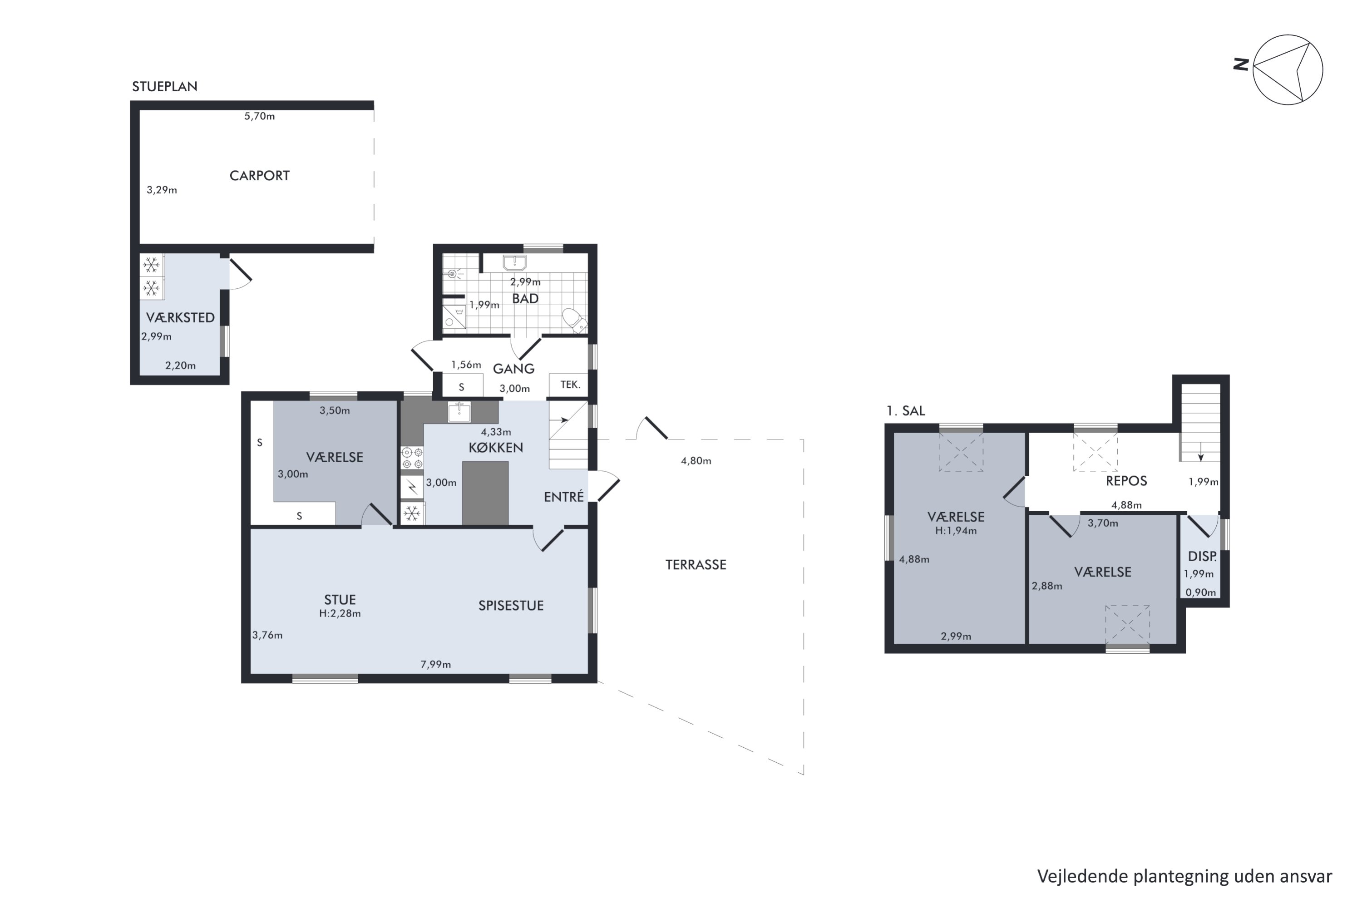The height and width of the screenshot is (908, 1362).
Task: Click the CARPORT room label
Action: pos(259,175)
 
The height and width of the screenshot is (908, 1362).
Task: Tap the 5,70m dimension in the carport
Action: pos(259,116)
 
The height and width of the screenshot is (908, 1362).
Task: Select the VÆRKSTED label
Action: pos(180,317)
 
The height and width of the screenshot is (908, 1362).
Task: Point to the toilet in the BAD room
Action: pos(574,320)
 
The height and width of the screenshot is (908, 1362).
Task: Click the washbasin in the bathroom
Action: pos(514,263)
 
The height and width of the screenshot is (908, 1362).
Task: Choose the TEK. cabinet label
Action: pos(570,385)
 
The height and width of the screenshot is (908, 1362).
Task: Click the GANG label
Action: pos(513,368)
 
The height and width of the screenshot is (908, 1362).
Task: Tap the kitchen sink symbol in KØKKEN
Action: pos(459,412)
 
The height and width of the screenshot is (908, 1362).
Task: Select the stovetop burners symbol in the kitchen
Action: pos(412,458)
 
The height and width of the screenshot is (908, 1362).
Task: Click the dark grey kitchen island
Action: pos(485,493)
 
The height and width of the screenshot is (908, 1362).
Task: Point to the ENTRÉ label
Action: pos(563,496)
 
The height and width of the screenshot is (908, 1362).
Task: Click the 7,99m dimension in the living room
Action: pos(435,664)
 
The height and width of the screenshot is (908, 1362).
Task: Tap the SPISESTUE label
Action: pos(511,606)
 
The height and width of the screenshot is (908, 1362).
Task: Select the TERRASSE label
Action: pos(696,565)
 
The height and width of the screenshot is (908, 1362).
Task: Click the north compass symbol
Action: pos(1287,69)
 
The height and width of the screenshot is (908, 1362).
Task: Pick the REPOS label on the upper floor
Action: pos(1126,481)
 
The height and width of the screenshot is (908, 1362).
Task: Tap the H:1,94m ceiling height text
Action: pos(956,530)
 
